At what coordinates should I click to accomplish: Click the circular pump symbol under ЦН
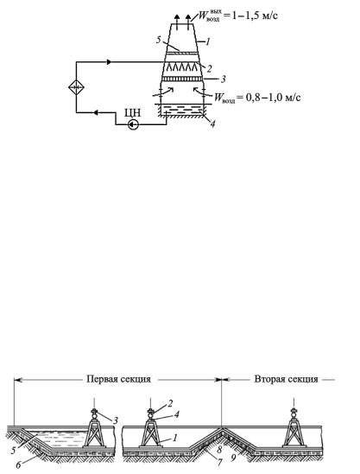coord(133,124)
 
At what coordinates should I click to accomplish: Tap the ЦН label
coord(133,113)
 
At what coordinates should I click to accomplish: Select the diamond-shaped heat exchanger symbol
coord(76,87)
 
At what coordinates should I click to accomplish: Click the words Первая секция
coord(118,379)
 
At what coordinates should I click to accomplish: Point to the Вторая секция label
coord(286,379)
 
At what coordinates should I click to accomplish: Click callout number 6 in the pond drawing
coord(18,465)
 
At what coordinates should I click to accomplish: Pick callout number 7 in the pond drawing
coord(220,462)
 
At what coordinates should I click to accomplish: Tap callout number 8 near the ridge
coord(220,448)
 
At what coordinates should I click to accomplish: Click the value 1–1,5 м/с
coord(255,16)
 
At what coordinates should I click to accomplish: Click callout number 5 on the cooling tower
coord(159,41)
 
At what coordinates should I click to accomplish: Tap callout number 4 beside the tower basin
coord(212,123)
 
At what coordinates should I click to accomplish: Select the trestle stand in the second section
coord(294,428)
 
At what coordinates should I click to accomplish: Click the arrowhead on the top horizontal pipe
coord(110,62)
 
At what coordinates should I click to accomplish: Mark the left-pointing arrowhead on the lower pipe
coord(95,113)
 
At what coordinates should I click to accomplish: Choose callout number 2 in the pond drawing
coord(170,403)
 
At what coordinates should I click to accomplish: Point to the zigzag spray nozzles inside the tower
coord(180,66)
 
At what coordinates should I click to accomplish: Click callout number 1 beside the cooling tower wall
coord(208,41)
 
